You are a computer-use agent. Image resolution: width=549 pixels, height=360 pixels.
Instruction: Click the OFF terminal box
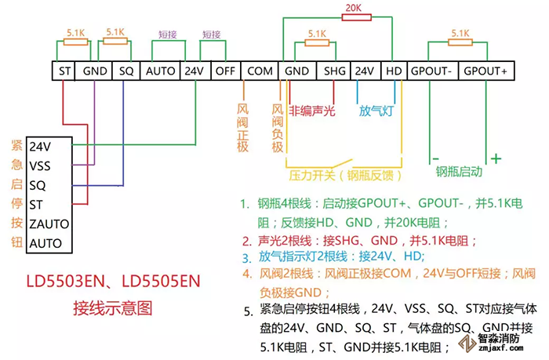226,71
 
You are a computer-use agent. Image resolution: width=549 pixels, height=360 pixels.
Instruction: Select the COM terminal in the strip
260,71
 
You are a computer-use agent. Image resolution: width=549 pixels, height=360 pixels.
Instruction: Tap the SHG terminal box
335,71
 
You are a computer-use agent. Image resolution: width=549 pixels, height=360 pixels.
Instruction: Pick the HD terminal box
394,71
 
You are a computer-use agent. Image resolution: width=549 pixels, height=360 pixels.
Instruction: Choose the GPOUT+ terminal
485,71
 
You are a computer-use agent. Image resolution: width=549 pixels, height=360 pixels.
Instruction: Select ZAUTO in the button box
49,224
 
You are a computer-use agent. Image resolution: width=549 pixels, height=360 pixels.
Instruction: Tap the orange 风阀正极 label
242,125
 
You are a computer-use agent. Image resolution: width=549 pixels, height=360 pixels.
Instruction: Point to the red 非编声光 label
313,111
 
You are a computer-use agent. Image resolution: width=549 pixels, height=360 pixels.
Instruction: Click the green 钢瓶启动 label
460,171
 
